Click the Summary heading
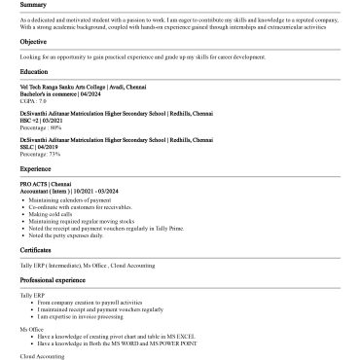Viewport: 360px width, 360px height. [x=32, y=5]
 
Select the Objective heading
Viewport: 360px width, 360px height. [x=33, y=42]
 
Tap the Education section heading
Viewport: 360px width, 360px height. [x=34, y=71]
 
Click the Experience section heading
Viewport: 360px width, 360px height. [x=35, y=168]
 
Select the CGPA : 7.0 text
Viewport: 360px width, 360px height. [x=33, y=99]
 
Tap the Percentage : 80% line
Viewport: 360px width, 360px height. [x=40, y=126]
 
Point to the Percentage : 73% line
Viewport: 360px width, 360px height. [x=40, y=154]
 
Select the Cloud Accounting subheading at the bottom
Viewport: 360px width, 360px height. [x=39, y=356]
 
